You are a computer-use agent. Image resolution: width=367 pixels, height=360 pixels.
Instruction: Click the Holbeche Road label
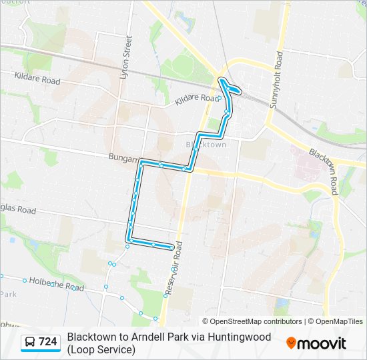point(57,284)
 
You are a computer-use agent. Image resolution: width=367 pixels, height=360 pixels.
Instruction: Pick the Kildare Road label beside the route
point(196,100)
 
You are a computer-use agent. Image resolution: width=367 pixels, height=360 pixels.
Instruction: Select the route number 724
point(48,342)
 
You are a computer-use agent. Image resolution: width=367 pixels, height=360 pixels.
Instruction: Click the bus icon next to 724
point(30,342)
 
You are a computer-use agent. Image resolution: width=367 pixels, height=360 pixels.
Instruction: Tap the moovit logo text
point(322,343)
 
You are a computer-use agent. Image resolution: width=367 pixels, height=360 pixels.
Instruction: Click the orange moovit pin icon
point(291,343)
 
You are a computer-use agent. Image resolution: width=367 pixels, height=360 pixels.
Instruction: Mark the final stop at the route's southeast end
point(173,248)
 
